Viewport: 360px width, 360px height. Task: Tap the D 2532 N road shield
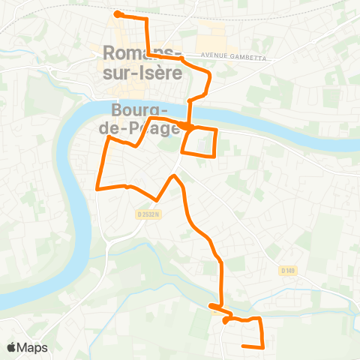pyautogui.click(x=148, y=214)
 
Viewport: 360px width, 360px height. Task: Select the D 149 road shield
pyautogui.click(x=286, y=270)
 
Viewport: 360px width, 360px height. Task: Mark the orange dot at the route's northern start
pyautogui.click(x=117, y=13)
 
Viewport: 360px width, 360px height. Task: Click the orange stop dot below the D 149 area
pyautogui.click(x=226, y=320)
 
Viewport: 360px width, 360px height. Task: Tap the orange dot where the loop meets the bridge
pyautogui.click(x=183, y=125)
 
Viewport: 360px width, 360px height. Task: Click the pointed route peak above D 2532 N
pyautogui.click(x=175, y=176)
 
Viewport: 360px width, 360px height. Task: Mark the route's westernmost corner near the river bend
pyautogui.click(x=97, y=189)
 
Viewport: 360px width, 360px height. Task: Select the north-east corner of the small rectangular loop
pyautogui.click(x=217, y=130)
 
